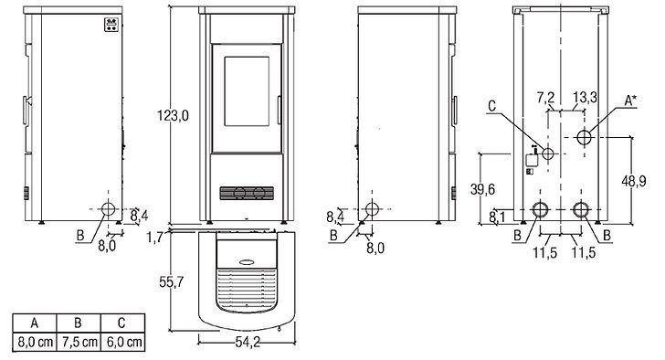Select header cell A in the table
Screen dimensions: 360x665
33,323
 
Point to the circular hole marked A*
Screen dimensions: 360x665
585,135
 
